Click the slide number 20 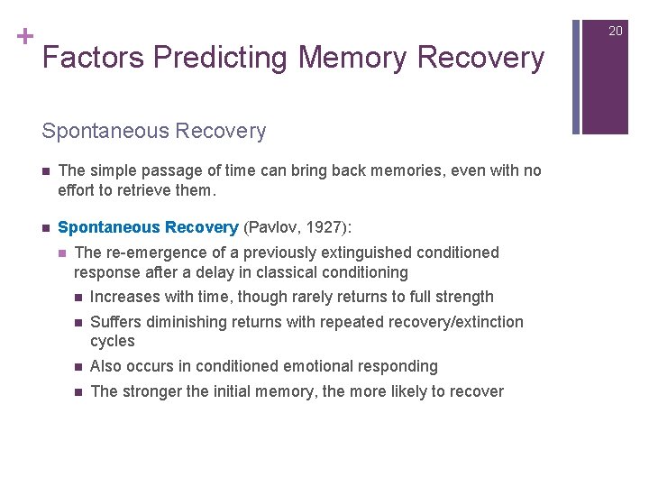click(x=616, y=31)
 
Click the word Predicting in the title click(x=221, y=58)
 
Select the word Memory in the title click(x=353, y=58)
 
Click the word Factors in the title click(x=94, y=58)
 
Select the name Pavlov click(x=276, y=226)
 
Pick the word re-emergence click(x=156, y=253)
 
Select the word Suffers click(x=115, y=322)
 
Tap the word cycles click(x=113, y=341)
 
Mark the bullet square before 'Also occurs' click(x=78, y=367)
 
